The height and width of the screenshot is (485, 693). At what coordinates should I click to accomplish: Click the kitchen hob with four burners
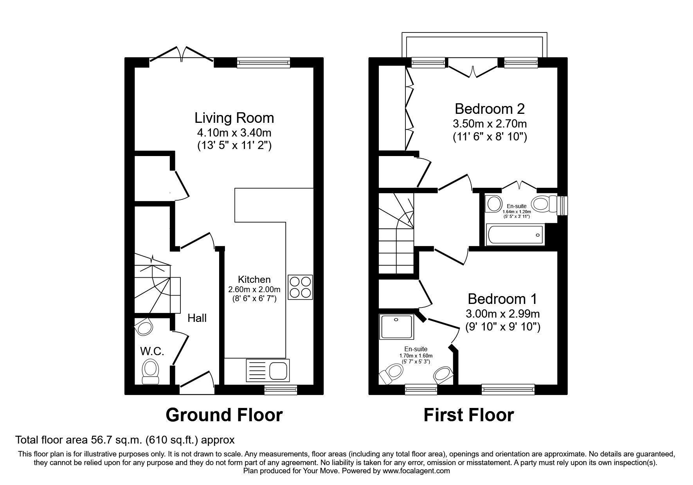300,287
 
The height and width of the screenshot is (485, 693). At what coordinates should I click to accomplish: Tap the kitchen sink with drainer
268,370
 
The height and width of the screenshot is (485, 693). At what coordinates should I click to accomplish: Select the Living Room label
234,118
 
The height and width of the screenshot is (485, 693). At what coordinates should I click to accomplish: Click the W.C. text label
152,351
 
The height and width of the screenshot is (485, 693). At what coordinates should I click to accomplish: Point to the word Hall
197,318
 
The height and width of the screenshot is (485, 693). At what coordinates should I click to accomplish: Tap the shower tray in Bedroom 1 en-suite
396,327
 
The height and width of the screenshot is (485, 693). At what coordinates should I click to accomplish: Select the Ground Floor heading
224,415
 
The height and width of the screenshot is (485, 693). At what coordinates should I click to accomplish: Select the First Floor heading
468,415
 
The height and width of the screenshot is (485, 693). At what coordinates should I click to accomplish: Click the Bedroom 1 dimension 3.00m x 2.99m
502,314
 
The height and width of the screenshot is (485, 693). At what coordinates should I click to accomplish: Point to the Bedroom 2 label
489,108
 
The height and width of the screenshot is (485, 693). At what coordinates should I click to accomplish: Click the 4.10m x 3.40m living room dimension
234,132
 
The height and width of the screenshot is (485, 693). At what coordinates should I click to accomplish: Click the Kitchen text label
254,280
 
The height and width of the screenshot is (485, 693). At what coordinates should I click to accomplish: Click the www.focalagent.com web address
416,471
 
